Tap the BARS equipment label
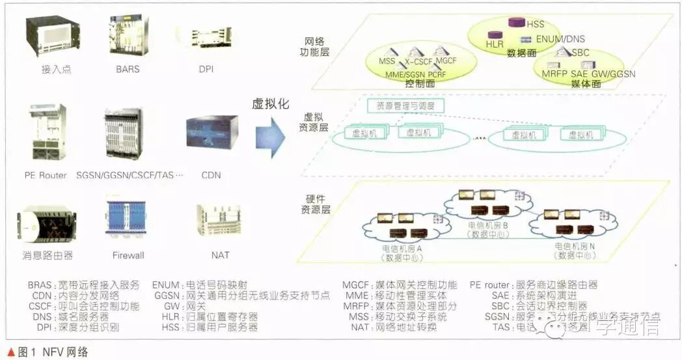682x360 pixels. [128, 68]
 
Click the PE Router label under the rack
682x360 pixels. [45, 175]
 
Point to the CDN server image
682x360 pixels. [211, 133]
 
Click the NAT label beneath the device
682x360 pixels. [220, 255]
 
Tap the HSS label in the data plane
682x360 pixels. [535, 24]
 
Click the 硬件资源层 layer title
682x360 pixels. [318, 204]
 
